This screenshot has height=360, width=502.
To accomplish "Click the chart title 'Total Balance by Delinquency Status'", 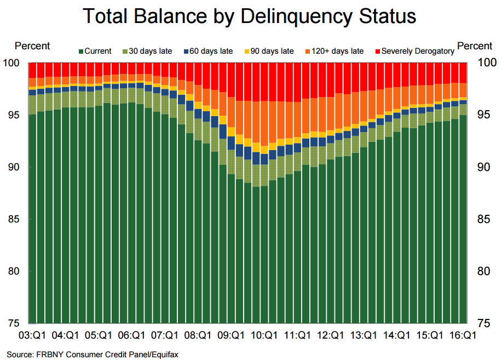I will tap(249, 16).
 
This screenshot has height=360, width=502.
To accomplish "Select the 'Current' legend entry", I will tap(97, 52).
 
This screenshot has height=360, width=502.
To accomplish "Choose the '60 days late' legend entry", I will tap(211, 52).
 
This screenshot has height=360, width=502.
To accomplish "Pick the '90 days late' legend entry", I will tap(272, 52).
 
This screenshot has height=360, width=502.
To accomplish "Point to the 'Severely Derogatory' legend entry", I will tap(418, 52).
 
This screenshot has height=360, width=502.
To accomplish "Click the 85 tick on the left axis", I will tap(15, 219).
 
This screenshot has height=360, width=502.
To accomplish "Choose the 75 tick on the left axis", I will tap(15, 323).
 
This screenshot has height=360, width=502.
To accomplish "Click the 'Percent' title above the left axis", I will tap(32, 46).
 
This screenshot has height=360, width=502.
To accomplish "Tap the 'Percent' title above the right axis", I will tap(474, 46).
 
